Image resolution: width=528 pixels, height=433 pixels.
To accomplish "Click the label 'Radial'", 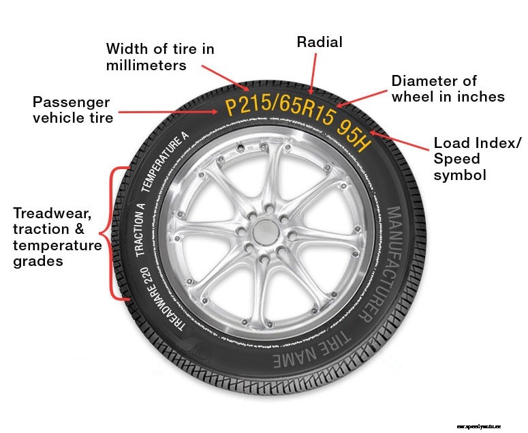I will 319,42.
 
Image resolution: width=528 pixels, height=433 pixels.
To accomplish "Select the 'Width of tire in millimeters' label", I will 160,57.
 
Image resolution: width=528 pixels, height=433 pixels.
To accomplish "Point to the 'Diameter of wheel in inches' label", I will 448,89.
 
